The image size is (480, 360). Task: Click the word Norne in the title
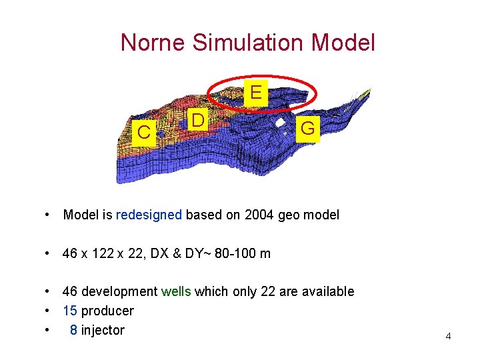(x=153, y=43)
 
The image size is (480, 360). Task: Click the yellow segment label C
(x=143, y=132)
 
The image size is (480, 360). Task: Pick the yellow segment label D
(x=197, y=121)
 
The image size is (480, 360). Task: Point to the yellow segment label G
(x=307, y=129)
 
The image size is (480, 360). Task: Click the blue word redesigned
(x=149, y=215)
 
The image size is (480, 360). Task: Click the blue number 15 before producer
(x=70, y=311)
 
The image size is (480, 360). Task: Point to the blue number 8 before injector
(x=73, y=330)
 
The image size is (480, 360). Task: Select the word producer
(x=107, y=311)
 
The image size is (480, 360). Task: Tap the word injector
(x=103, y=330)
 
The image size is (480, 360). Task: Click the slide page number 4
(x=448, y=336)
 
